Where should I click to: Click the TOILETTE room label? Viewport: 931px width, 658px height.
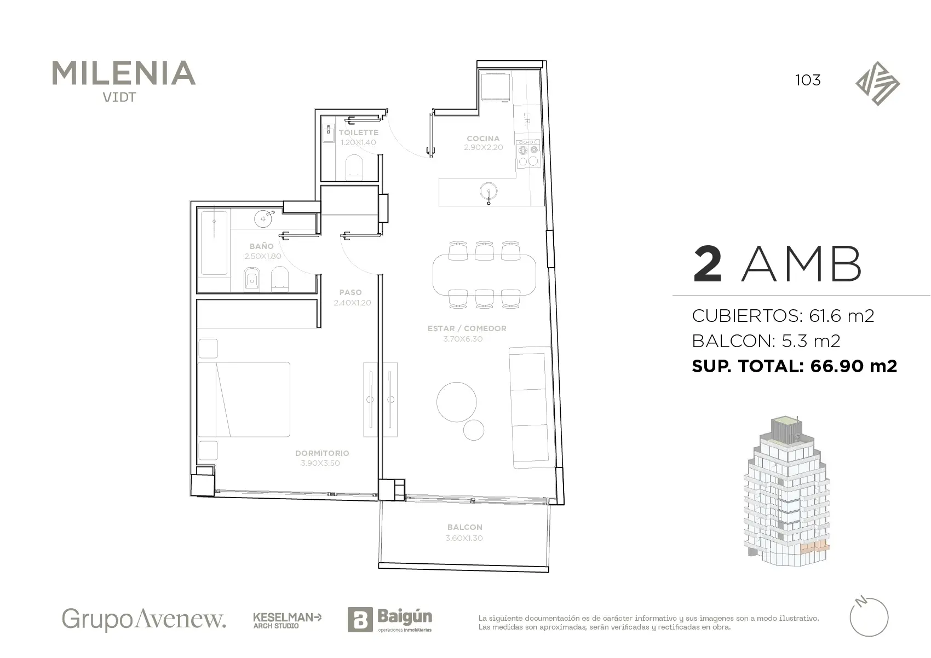(358, 132)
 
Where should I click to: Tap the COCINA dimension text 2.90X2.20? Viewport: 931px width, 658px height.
(484, 147)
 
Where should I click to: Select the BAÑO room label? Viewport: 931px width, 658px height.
(261, 246)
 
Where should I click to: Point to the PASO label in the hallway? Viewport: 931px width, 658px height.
(350, 292)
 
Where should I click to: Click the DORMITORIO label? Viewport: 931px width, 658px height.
(322, 453)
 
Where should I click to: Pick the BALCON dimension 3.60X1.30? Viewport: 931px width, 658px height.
(464, 538)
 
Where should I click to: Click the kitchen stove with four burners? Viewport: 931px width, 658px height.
(528, 154)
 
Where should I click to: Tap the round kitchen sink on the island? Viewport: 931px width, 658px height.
(489, 192)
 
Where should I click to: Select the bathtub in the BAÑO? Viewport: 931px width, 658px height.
(214, 243)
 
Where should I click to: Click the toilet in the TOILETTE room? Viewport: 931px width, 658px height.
(354, 168)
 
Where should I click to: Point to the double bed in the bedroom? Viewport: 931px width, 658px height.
(244, 399)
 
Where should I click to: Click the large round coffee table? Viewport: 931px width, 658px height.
(456, 402)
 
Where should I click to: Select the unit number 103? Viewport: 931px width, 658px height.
(808, 80)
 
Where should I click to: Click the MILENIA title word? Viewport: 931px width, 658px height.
(124, 73)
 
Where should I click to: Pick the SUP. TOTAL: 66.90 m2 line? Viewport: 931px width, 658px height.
(794, 366)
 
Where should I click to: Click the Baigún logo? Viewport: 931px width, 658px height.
(390, 620)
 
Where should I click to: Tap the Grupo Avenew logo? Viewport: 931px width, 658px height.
(144, 620)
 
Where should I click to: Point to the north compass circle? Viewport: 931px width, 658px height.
(869, 617)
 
